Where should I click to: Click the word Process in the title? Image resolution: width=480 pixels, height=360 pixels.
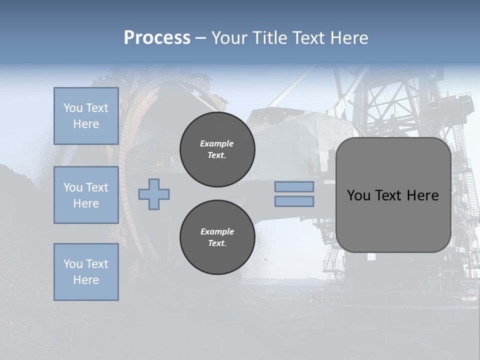pyautogui.click(x=157, y=38)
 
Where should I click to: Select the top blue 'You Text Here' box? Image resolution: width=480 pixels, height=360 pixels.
pyautogui.click(x=86, y=116)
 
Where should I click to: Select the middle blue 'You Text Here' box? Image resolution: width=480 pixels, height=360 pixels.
pyautogui.click(x=86, y=195)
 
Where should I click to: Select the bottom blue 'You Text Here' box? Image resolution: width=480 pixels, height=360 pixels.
pyautogui.click(x=86, y=272)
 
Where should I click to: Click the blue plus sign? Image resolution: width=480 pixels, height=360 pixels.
pyautogui.click(x=154, y=194)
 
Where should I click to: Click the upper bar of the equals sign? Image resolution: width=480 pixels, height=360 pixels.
pyautogui.click(x=294, y=186)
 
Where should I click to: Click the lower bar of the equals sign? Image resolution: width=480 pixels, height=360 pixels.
pyautogui.click(x=294, y=201)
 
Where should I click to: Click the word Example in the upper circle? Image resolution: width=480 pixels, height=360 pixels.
pyautogui.click(x=217, y=143)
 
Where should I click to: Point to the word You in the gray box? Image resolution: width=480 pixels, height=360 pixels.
pyautogui.click(x=359, y=195)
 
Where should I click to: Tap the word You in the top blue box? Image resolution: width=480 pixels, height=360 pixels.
pyautogui.click(x=73, y=108)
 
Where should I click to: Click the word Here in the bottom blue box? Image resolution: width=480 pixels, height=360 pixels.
pyautogui.click(x=86, y=280)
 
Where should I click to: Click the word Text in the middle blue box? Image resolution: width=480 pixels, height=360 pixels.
pyautogui.click(x=96, y=187)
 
